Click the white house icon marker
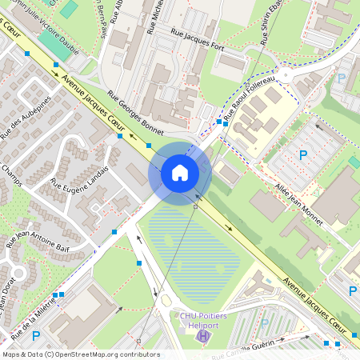tap(179, 172)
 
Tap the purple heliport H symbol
tap(202, 336)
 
